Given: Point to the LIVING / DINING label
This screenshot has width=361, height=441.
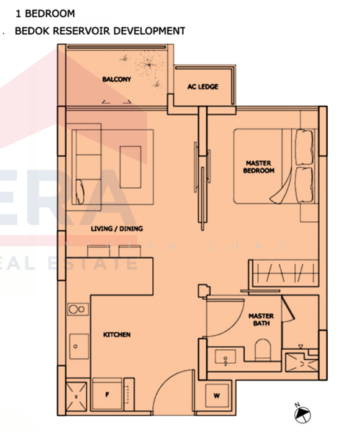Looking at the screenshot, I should point(116,229).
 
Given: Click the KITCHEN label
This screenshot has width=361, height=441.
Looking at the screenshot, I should point(116,334).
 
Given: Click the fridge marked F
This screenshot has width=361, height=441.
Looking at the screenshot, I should point(107,395).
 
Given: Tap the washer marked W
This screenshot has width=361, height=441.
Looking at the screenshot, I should point(217,395).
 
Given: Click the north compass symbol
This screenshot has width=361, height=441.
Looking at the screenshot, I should point(301,416).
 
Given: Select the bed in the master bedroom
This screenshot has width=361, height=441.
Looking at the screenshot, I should point(276,166).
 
